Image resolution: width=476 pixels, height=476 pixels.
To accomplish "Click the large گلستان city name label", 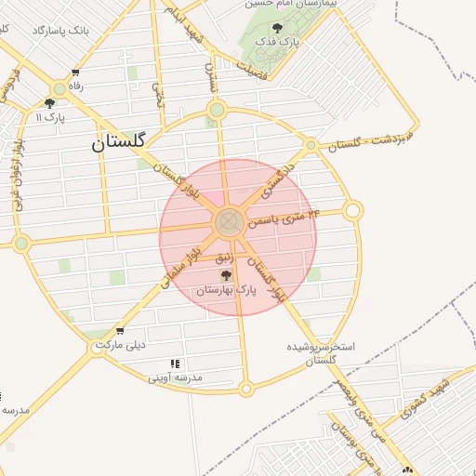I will [x=119, y=143].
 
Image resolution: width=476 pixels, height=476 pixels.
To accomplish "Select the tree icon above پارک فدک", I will [x=276, y=28].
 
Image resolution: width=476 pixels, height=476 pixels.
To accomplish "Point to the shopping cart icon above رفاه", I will [x=75, y=73].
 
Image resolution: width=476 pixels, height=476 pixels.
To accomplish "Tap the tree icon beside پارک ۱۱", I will [x=49, y=103].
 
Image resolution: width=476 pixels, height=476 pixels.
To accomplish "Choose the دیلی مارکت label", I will [x=124, y=346].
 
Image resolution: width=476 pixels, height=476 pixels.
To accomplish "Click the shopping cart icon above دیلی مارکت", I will [x=119, y=331].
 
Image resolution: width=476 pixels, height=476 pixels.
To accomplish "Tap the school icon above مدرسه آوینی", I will [x=175, y=364].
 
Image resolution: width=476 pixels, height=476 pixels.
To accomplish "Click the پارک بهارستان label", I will [x=224, y=291].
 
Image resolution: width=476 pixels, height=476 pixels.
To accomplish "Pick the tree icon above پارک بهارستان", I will [x=224, y=276].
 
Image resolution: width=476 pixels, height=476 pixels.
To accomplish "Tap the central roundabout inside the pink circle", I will [x=229, y=223].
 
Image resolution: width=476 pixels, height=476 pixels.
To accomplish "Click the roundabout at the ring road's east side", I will [x=352, y=211].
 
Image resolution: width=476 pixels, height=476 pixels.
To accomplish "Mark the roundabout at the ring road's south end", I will [x=245, y=389].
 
